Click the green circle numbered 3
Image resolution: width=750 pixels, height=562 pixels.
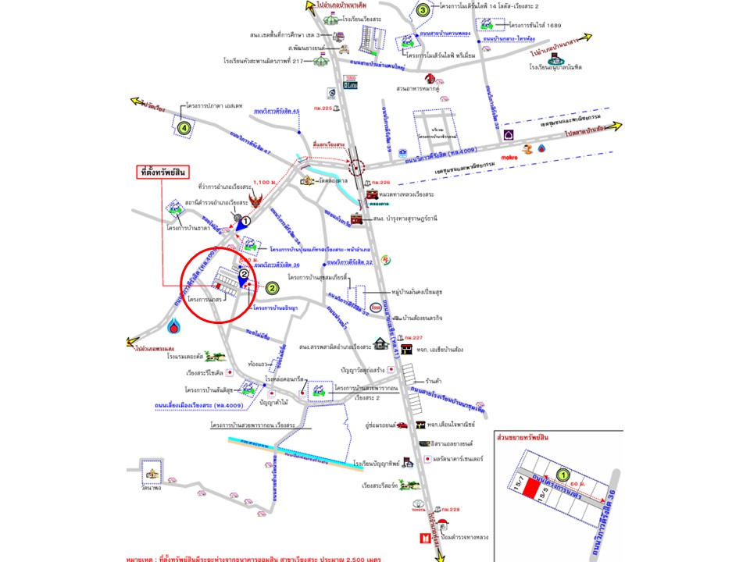[x=423, y=10]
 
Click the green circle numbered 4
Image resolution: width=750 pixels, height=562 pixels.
[x=184, y=127]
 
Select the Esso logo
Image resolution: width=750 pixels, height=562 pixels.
[x=377, y=307]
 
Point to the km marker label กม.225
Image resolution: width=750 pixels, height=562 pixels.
[x=323, y=108]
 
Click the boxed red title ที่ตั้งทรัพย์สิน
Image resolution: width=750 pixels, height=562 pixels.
[x=164, y=172]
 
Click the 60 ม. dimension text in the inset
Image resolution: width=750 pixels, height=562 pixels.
[x=599, y=484]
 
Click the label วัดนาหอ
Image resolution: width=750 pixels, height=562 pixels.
[x=152, y=488]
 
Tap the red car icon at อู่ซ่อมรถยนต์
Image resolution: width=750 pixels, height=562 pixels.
[x=402, y=426]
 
